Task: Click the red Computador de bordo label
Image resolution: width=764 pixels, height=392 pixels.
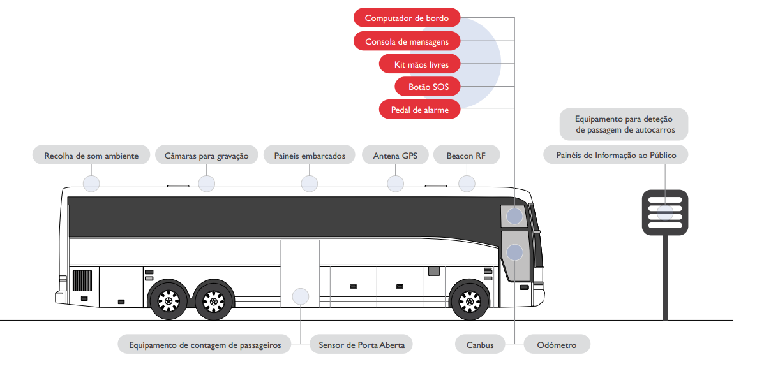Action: point(407,18)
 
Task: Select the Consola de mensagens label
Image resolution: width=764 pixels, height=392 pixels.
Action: point(407,42)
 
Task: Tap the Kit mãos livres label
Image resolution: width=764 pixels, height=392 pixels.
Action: point(419,64)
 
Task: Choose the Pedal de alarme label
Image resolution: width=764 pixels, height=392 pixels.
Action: point(419,110)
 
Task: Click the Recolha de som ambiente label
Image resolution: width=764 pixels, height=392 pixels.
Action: point(91,156)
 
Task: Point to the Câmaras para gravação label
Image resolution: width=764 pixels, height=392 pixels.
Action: point(206,156)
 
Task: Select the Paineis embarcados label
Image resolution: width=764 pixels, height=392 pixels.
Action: point(310,156)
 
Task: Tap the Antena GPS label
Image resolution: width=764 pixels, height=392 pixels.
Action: point(396,156)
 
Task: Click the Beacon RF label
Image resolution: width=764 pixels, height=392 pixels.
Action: point(467,156)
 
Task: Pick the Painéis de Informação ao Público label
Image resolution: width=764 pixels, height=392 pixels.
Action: point(616,155)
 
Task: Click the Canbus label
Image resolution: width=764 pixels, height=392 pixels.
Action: point(479,345)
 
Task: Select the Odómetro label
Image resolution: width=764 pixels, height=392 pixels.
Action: point(557,345)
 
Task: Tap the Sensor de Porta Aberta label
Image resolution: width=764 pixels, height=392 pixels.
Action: point(361,345)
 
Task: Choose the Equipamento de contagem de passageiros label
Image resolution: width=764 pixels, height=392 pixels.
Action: point(205,345)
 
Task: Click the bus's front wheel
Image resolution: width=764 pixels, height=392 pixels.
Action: point(470,300)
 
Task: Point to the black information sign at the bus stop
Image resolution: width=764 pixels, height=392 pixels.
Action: point(665,212)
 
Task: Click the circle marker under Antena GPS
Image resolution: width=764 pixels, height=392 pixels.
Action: point(396,184)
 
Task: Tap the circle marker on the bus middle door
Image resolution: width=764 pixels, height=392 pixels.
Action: point(300,296)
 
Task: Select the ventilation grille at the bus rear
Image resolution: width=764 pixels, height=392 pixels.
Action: point(82,280)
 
